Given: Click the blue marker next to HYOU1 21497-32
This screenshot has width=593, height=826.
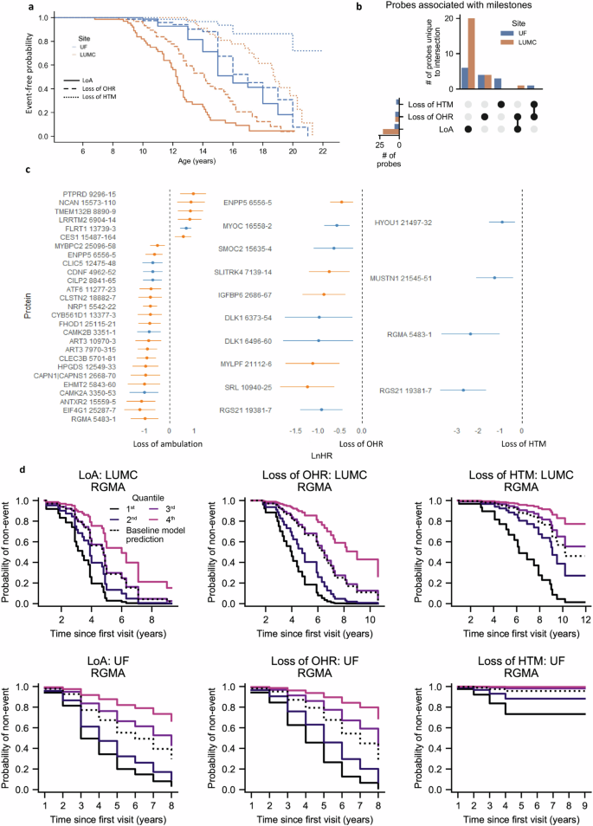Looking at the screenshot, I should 501,223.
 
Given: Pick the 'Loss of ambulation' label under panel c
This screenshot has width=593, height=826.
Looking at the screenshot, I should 168,442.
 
